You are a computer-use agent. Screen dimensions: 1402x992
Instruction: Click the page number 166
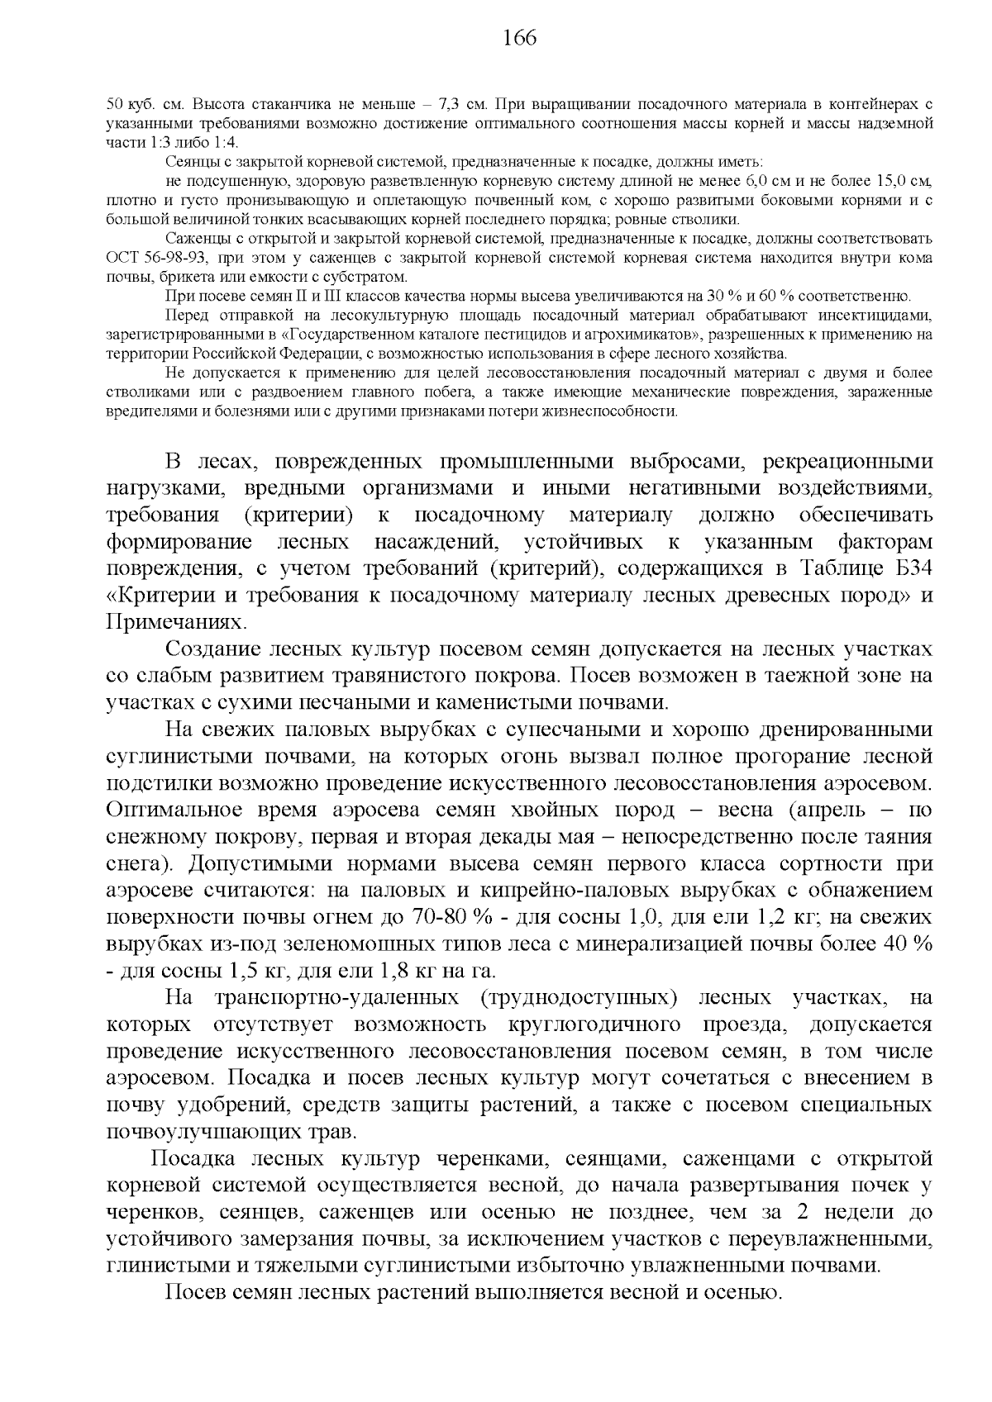pyautogui.click(x=519, y=38)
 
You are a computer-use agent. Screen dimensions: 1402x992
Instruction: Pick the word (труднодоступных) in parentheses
pyautogui.click(x=577, y=998)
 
